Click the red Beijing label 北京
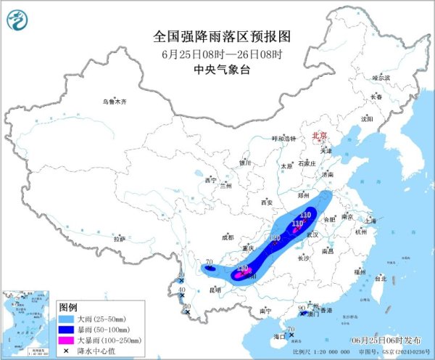click(319, 136)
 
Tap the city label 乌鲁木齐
click(114, 102)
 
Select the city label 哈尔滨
click(381, 77)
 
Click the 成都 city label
click(228, 237)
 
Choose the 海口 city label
click(279, 337)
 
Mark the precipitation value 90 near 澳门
click(302, 308)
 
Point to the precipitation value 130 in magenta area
click(244, 269)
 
